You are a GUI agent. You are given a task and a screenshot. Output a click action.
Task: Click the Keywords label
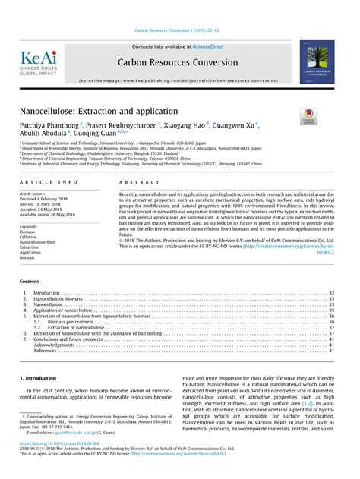[29, 226]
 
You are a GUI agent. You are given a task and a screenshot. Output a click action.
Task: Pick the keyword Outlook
[27, 257]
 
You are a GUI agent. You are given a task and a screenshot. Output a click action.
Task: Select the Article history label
[33, 194]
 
